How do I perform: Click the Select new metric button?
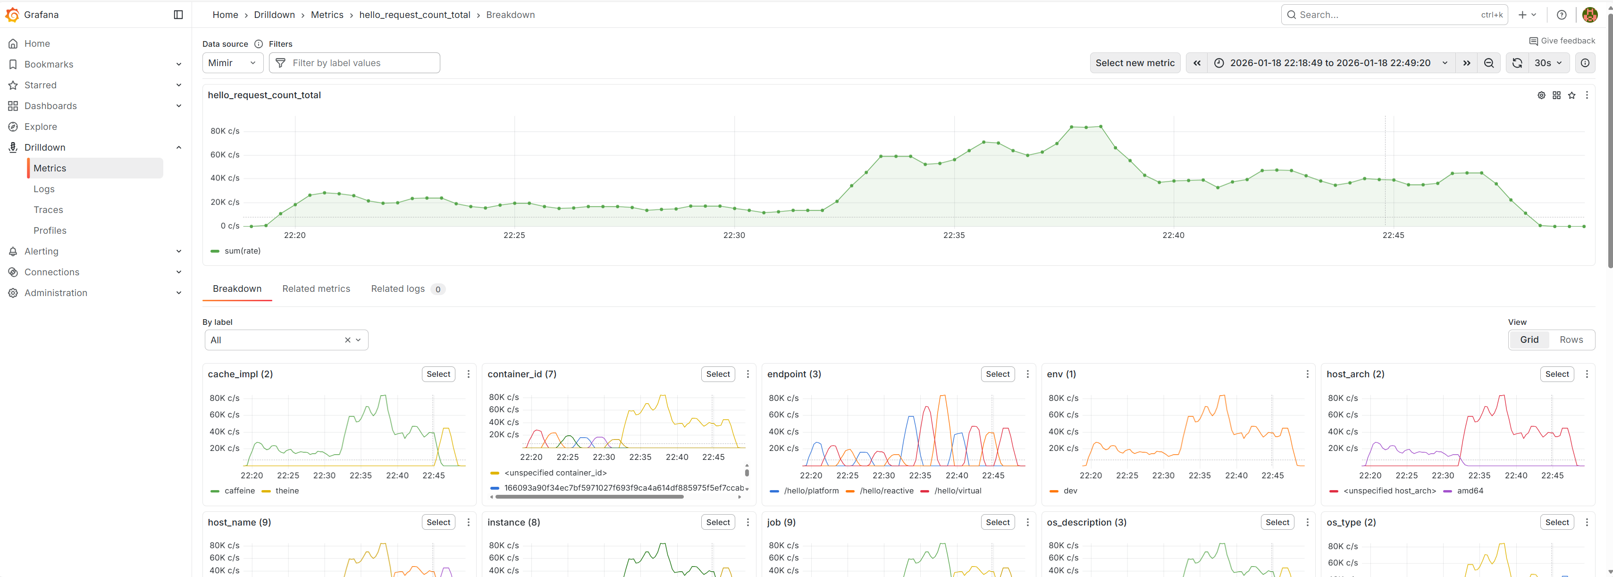(1134, 63)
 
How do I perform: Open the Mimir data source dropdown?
(232, 63)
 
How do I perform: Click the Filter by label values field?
(354, 63)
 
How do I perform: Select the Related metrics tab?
(316, 289)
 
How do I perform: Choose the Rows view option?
(1571, 339)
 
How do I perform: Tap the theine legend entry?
(287, 491)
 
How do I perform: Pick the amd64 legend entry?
(1470, 491)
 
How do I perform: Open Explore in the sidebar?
(41, 127)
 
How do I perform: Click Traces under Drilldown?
(48, 210)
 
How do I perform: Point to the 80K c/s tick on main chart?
(225, 131)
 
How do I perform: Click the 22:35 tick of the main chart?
(954, 236)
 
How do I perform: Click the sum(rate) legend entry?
(242, 251)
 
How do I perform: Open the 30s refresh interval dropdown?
(1548, 63)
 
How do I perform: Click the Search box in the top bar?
(1387, 15)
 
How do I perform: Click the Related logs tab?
(398, 289)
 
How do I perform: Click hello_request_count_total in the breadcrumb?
(414, 15)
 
